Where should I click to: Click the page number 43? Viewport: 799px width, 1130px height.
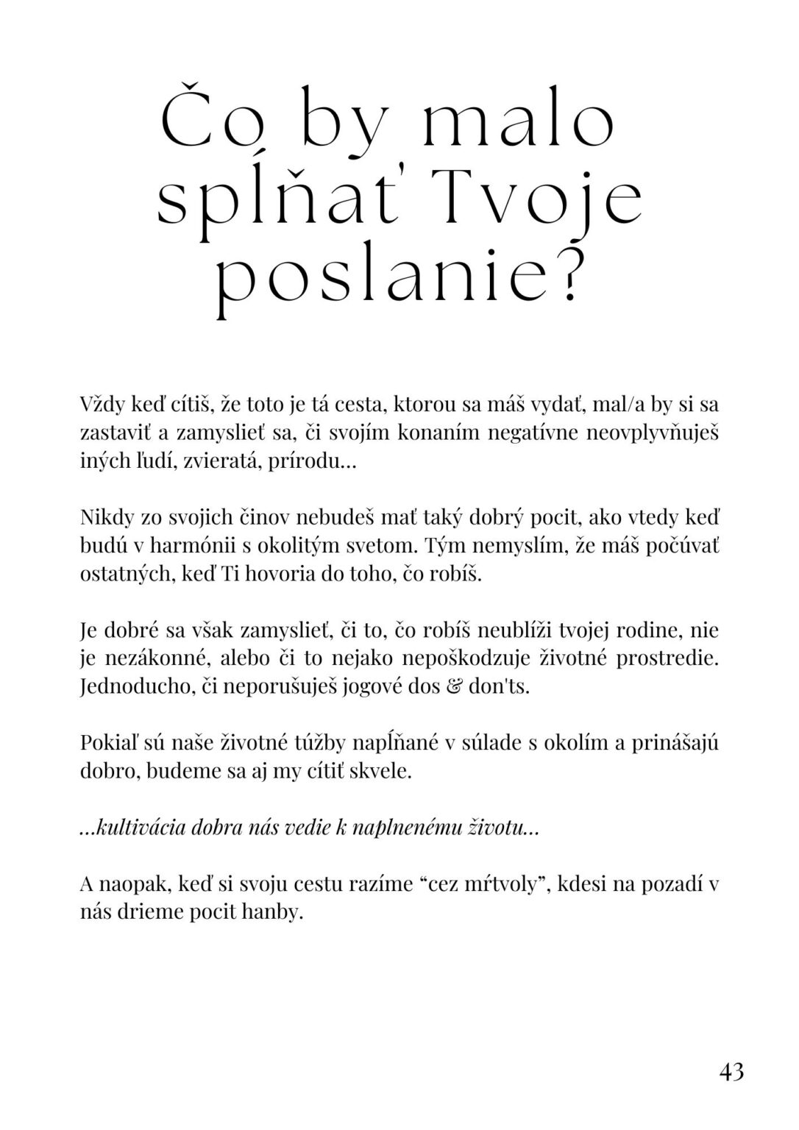731,1070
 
